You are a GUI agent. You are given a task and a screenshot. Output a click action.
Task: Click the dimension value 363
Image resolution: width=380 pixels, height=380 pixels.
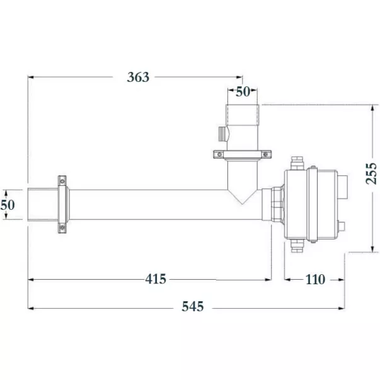[138, 77]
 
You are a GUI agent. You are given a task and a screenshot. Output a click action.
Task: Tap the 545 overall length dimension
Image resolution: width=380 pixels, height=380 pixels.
[193, 307]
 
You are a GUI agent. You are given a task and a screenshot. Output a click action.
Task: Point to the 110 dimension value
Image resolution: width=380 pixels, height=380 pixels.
[314, 279]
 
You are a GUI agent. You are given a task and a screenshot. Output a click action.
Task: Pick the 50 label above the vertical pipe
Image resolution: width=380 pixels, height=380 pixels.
[243, 91]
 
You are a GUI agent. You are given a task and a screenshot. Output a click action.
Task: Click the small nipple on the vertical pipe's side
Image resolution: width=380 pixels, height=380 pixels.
[221, 134]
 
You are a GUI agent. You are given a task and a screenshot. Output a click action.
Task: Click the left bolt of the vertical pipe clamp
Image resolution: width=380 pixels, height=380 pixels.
[218, 154]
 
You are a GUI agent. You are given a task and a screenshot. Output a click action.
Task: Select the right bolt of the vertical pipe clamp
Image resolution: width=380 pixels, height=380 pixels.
[267, 154]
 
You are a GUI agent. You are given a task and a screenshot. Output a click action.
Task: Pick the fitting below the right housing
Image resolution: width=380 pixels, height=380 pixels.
[296, 245]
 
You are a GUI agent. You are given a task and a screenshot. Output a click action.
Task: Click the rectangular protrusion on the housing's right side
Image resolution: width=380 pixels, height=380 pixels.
[341, 188]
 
